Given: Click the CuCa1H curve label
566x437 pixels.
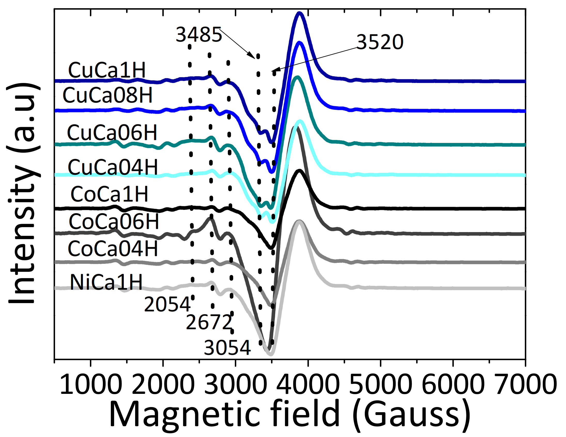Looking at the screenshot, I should click(107, 70).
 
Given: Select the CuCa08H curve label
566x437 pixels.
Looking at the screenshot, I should click(107, 95).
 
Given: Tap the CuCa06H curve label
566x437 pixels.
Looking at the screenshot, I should click(112, 133).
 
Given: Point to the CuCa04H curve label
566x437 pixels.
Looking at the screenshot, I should click(113, 167).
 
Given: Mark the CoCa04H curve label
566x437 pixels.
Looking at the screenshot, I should click(113, 249).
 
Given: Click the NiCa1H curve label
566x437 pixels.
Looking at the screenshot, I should click(106, 282).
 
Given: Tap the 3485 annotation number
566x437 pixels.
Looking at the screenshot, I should click(199, 34).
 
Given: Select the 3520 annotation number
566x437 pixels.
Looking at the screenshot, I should click(380, 42).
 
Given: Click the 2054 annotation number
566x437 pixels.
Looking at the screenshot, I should click(167, 304).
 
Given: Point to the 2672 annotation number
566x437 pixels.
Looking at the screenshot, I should click(209, 323).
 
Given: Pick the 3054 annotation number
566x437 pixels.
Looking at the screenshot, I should click(227, 348).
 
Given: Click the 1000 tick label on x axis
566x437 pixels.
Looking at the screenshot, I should click(91, 384).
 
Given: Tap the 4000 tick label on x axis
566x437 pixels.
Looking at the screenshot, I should click(308, 384).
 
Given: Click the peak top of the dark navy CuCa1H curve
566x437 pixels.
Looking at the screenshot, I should click(300, 13).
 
